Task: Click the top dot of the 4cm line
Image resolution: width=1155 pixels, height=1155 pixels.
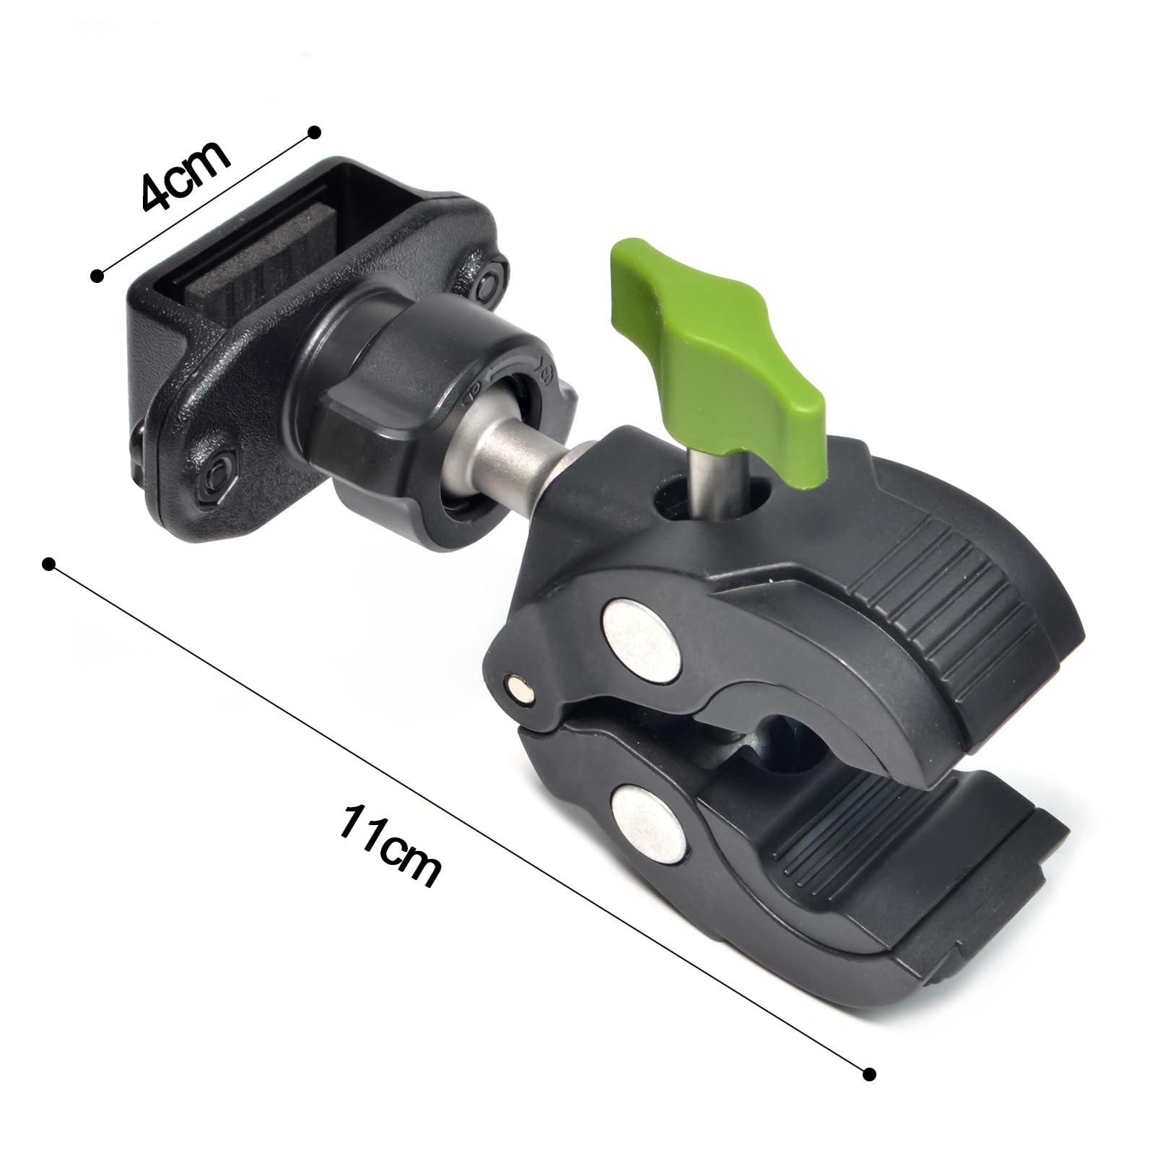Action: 314,131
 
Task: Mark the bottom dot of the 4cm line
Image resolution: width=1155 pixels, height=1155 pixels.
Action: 97,275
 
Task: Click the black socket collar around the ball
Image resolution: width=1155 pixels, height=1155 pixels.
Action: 404,404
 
